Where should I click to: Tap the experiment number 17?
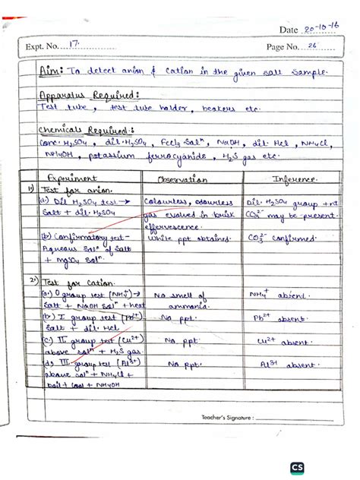[x=74, y=46]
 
